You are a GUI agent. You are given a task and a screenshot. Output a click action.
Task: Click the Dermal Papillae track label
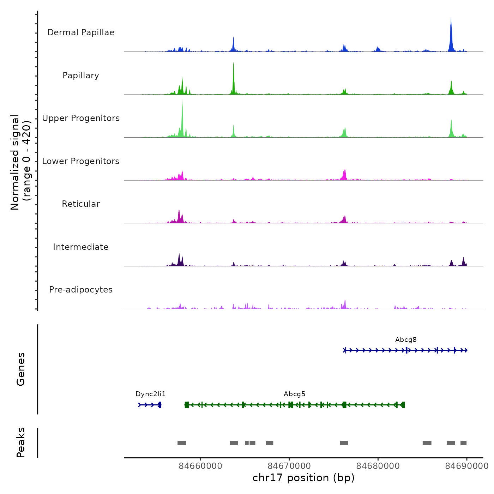pos(81,32)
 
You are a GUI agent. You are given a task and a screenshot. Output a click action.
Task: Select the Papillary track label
pos(81,76)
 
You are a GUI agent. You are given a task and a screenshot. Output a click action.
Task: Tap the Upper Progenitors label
pos(81,118)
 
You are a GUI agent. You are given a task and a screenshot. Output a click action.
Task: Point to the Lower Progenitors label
pos(81,161)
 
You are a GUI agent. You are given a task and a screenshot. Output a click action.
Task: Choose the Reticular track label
pos(81,204)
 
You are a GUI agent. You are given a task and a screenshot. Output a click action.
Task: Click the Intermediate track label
pos(81,247)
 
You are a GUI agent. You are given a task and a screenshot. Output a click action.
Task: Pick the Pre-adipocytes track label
pos(81,290)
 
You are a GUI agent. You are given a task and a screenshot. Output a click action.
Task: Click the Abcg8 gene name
pos(406,340)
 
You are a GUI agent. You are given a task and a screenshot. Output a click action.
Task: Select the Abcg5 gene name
pos(295,394)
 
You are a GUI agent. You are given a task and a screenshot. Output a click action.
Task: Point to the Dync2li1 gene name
pos(151,394)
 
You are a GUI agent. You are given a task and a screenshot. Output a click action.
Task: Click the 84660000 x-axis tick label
pos(200,466)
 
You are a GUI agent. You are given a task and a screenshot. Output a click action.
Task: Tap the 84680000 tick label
pos(378,466)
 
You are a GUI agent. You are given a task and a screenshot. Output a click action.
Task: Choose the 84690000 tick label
pos(466,466)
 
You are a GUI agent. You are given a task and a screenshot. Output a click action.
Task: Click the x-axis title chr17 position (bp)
pos(303,478)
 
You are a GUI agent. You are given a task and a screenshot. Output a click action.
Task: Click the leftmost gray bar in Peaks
pos(182,443)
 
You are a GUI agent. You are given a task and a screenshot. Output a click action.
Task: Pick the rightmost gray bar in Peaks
pos(463,443)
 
